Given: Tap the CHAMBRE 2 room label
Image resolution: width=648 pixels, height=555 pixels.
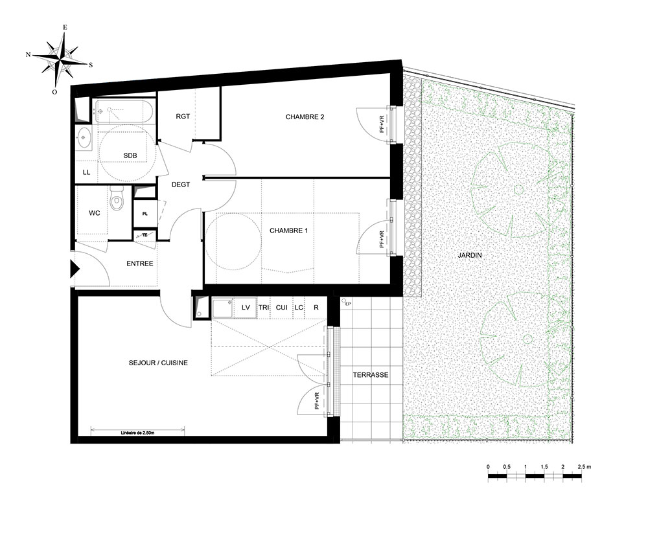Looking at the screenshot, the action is [x=305, y=117].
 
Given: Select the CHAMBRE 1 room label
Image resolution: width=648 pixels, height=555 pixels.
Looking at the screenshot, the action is [x=288, y=231].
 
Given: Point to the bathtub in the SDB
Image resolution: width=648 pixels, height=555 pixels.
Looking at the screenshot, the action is [x=124, y=111].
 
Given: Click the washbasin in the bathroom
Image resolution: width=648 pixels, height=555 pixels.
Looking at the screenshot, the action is [x=84, y=137].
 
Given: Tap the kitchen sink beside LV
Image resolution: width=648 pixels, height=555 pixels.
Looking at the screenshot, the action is [x=223, y=308].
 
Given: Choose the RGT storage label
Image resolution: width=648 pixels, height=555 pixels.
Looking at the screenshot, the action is [x=183, y=117].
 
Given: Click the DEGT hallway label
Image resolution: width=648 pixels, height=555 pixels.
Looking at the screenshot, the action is [x=181, y=185].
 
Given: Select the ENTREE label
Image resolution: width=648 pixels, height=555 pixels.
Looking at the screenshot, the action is [x=140, y=264].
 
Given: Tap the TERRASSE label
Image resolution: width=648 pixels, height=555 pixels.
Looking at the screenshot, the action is [x=370, y=375].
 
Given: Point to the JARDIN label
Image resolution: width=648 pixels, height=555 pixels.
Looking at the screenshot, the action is [x=469, y=255].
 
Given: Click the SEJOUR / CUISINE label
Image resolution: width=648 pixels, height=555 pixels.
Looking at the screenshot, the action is [x=158, y=363].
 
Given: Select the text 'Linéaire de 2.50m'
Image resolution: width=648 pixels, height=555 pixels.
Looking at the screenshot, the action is [x=137, y=433].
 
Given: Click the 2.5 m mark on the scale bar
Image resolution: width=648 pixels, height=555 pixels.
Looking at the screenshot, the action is [x=581, y=467].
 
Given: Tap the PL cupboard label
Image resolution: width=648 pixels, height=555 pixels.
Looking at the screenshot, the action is [x=145, y=214].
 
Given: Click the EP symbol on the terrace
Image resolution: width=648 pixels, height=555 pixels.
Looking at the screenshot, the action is [x=346, y=302].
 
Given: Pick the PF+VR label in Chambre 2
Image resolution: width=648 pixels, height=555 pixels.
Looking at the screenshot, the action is [x=382, y=124].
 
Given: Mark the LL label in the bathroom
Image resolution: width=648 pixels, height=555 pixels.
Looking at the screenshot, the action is [x=86, y=172].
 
